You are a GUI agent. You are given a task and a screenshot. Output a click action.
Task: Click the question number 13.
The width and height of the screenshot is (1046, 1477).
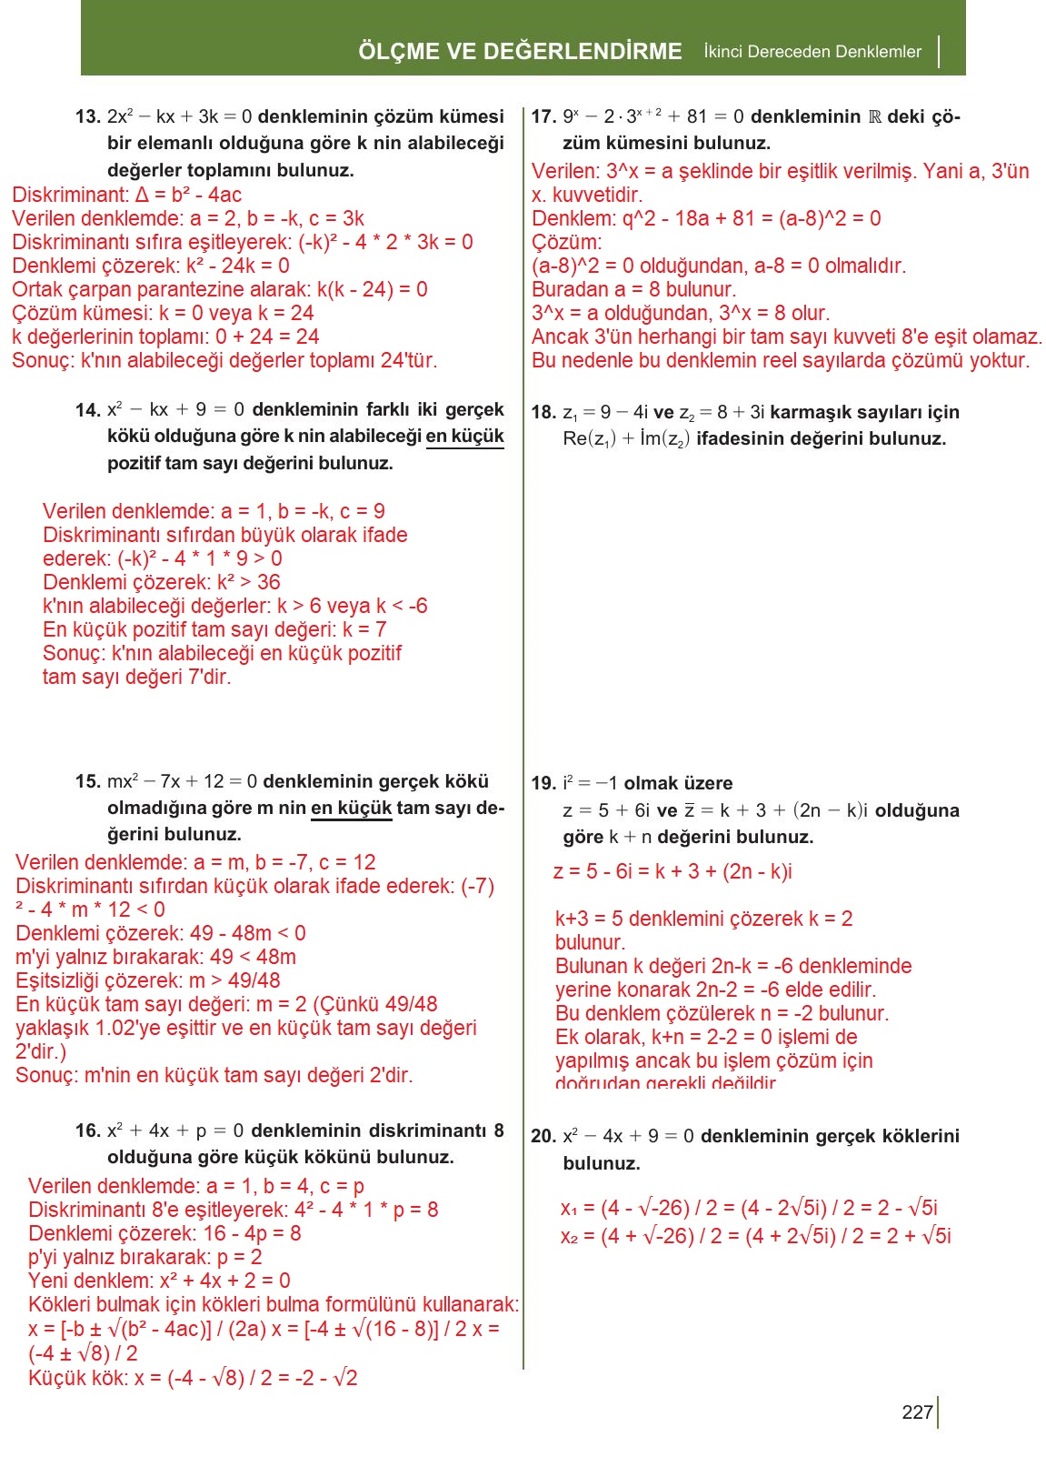(88, 117)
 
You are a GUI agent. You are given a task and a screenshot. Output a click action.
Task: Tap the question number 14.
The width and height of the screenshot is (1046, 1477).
(88, 410)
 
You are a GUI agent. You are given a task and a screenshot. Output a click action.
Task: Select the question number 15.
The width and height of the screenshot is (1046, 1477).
(88, 782)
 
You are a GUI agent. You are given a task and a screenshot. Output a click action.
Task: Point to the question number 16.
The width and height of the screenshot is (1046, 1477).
(88, 1131)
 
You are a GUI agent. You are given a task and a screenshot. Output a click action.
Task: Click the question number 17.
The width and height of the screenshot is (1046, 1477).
(543, 117)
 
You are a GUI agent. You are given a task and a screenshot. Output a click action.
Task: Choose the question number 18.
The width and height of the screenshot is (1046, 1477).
(543, 413)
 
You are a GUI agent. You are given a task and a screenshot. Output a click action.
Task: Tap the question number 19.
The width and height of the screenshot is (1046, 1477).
(543, 784)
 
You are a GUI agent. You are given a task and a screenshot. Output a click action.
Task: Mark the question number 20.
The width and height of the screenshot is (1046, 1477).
(543, 1137)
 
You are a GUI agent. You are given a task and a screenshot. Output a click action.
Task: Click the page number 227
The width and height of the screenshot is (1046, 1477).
(917, 1412)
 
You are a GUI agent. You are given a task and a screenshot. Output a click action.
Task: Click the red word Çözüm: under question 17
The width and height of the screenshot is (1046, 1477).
(567, 243)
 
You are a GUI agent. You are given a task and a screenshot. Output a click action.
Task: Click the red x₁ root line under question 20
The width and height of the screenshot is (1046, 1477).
(749, 1209)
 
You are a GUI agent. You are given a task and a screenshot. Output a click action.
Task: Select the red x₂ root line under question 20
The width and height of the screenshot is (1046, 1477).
(755, 1236)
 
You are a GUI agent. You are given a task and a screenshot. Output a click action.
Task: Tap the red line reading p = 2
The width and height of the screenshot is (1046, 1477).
(145, 1258)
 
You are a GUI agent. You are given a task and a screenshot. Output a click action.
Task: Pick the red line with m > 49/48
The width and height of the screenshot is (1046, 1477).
(148, 981)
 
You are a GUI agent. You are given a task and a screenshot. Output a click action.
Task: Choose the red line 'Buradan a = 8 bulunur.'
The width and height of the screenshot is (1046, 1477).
(634, 290)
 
